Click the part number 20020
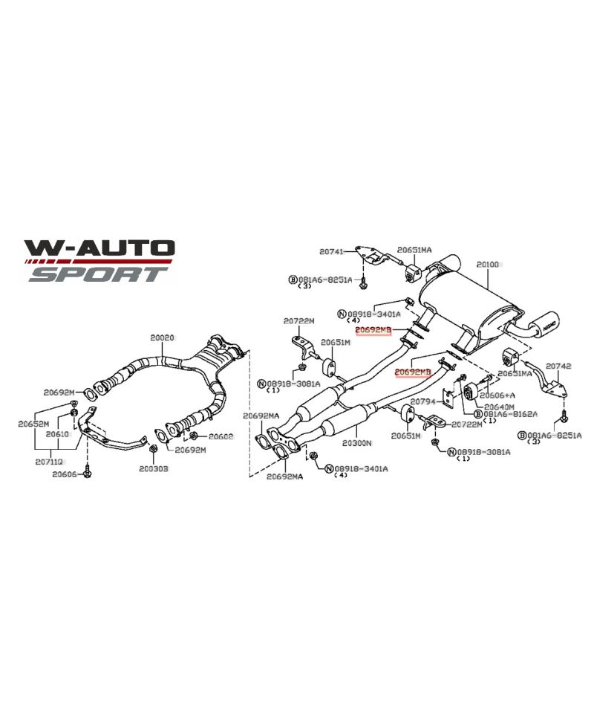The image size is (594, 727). [162, 337]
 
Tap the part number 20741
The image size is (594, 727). [332, 252]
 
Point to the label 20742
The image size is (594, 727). [558, 366]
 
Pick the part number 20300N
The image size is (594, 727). [358, 442]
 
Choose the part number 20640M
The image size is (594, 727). [499, 407]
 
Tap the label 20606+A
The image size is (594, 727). [500, 396]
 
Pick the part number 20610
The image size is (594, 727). [57, 433]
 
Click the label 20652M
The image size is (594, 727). [33, 424]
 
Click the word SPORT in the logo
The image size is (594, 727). [97, 274]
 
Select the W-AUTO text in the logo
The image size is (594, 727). [99, 248]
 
